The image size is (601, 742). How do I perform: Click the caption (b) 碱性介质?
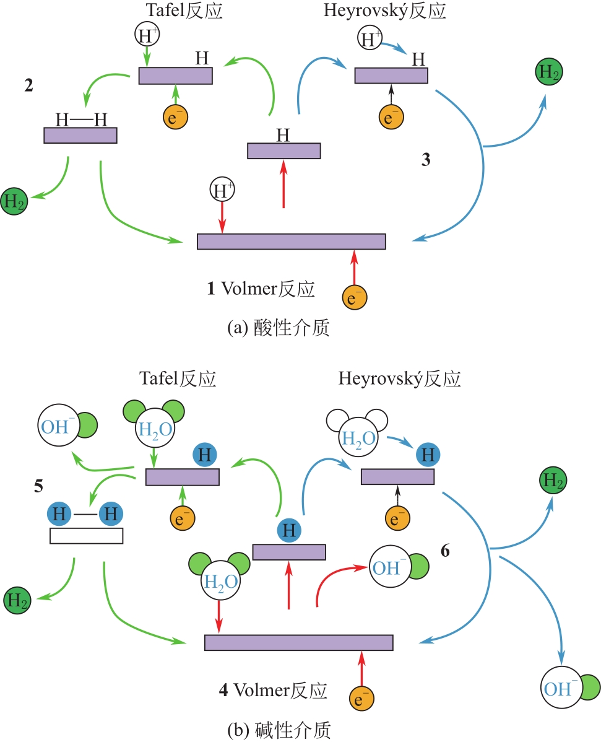[x=279, y=730]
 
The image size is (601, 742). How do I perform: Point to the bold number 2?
[x=28, y=87]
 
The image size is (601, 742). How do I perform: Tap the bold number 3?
[x=426, y=160]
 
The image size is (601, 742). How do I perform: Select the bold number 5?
[x=38, y=486]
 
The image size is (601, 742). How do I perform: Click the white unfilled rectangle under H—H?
[x=86, y=536]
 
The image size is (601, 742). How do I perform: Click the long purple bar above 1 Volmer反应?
[x=291, y=242]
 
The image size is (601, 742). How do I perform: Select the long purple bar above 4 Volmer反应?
[x=299, y=643]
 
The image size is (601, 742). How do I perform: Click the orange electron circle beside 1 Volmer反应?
[x=355, y=298]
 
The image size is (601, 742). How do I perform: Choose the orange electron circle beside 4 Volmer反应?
[x=362, y=699]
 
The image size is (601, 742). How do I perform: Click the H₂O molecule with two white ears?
[x=358, y=437]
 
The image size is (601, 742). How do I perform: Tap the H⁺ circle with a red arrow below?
[x=223, y=190]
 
